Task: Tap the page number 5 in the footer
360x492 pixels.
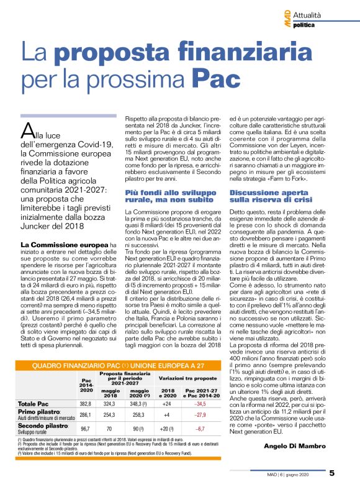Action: pos(331,473)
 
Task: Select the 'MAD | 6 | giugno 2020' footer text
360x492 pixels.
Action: pos(297,473)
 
